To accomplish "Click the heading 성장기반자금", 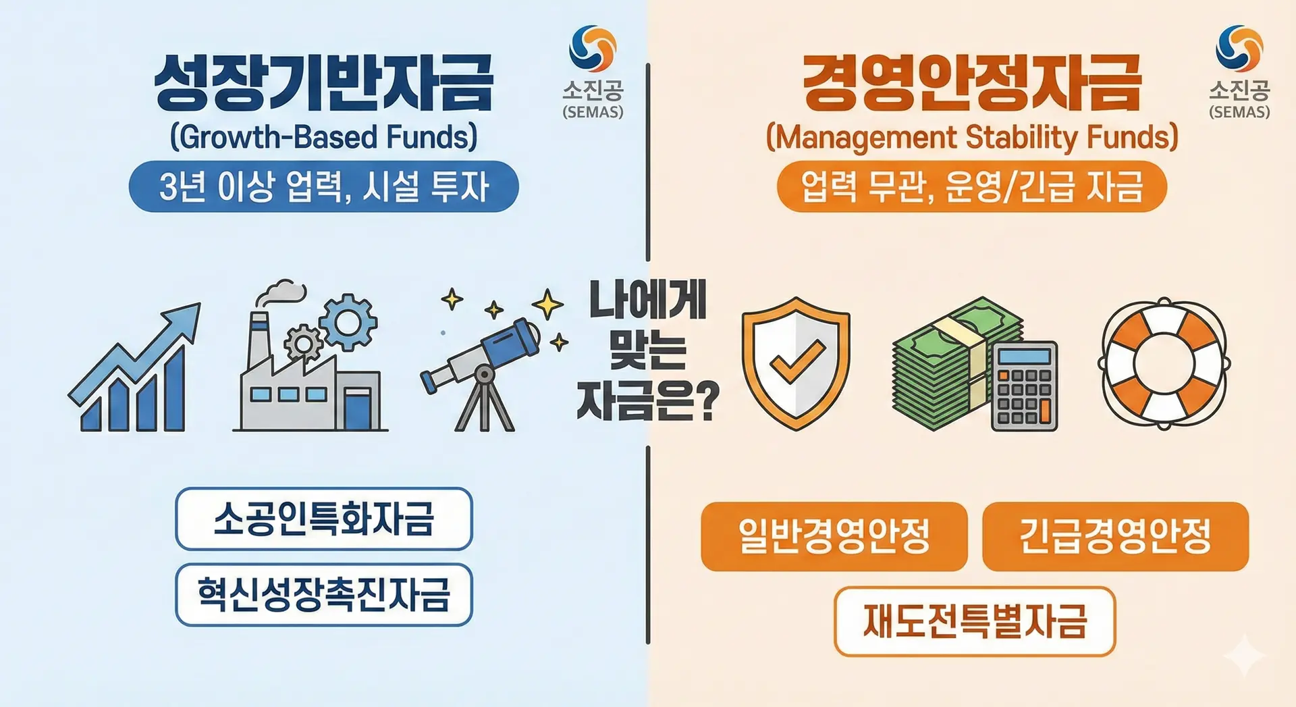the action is click(x=324, y=84).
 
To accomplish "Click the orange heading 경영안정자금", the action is click(x=972, y=84).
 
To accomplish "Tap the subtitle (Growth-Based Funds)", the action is click(x=324, y=137).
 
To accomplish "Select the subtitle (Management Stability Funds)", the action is click(x=972, y=137).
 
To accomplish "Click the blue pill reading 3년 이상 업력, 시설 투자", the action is click(x=324, y=186).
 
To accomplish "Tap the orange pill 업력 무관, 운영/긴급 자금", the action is click(x=972, y=186).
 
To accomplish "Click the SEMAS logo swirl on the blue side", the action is click(x=593, y=49).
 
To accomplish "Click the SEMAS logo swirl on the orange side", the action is click(x=1239, y=49).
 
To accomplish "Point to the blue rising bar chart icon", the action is click(x=134, y=367).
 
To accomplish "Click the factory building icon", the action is click(x=310, y=378).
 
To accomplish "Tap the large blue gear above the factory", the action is click(x=348, y=322).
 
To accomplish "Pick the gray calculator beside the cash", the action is click(x=1025, y=386).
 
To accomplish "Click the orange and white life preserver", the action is click(x=1164, y=363).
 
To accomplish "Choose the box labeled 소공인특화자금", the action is click(x=324, y=519).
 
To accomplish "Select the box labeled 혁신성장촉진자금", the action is click(x=324, y=595).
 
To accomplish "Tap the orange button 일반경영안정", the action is click(x=834, y=537).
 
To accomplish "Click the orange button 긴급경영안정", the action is click(x=1116, y=537).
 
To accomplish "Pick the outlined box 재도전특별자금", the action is click(x=975, y=622).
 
